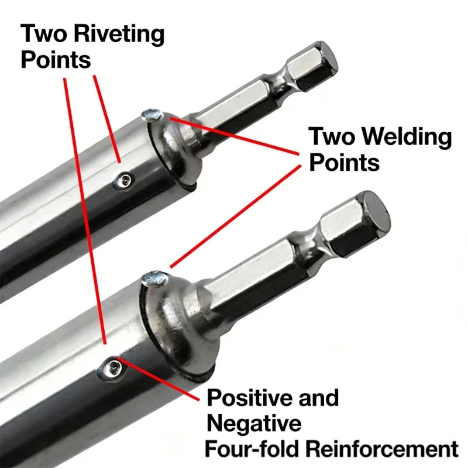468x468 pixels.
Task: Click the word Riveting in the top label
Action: tap(119, 35)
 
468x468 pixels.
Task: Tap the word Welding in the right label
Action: tap(407, 136)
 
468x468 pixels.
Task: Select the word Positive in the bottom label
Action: tap(250, 398)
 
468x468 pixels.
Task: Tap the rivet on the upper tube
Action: tap(123, 181)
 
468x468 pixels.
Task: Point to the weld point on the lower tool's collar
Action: tap(154, 278)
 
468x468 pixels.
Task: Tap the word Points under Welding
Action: tap(344, 163)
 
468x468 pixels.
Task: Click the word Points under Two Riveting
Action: tap(56, 60)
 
